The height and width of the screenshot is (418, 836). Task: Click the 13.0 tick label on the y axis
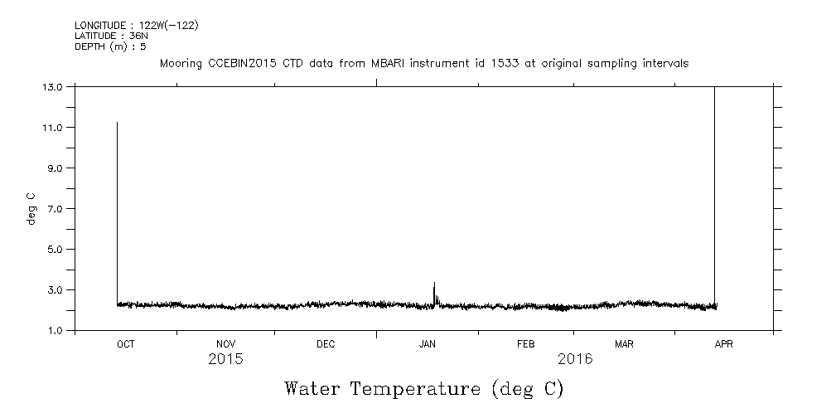53,86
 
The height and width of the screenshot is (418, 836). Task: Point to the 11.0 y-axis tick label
53,127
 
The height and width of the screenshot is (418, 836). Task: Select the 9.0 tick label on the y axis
56,168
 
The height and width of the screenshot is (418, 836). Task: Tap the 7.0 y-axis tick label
56,208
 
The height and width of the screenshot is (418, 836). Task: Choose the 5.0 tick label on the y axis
56,249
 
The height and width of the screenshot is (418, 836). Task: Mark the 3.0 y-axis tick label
56,289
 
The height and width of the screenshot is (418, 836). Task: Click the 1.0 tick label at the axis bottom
56,330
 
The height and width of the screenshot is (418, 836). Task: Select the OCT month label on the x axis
125,344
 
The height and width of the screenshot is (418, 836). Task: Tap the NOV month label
225,344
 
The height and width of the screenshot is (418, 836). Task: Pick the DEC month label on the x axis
326,344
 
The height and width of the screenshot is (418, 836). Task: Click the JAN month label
427,344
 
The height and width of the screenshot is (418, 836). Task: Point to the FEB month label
526,344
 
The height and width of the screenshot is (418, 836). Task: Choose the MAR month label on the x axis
624,344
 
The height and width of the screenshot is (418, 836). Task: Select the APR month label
723,344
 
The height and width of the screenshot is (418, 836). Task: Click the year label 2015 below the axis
225,360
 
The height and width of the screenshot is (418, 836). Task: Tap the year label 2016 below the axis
575,360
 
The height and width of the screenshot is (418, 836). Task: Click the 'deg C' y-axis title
31,208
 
